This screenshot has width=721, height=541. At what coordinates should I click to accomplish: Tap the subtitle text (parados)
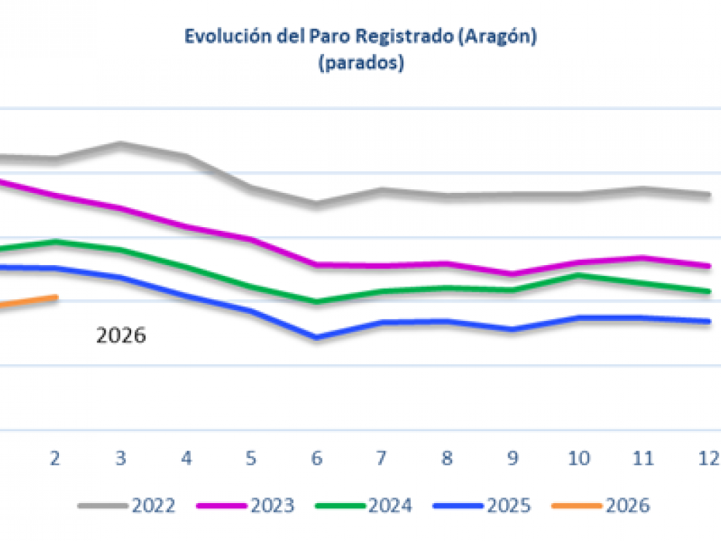coord(360,63)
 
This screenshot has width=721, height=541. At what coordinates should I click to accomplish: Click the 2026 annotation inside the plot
coord(122,336)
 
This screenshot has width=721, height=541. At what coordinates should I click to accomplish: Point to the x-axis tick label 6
coord(317,459)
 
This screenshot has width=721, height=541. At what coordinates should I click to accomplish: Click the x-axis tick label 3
coord(121,459)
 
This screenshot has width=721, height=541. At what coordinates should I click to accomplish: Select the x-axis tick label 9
coord(513,459)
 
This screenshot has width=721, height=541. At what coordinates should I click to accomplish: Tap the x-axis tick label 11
coord(642,459)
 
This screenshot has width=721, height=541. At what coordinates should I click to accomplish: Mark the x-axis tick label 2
coord(55,459)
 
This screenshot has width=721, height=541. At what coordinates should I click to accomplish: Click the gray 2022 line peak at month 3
coord(121,143)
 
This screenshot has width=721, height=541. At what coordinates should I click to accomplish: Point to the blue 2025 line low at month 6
coord(316,338)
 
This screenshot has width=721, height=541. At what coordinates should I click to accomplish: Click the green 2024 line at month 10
coord(578,275)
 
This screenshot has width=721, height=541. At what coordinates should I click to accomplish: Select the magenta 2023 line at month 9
coord(513,275)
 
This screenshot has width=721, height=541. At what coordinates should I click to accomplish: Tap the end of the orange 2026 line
coord(56,296)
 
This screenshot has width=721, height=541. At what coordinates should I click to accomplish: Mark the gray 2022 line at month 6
coord(316,202)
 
